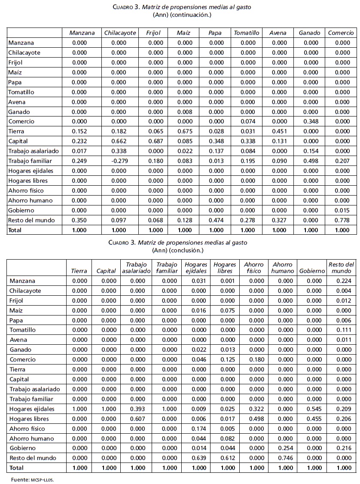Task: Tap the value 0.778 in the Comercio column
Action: [x=342, y=220]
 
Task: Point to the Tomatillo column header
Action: [x=247, y=33]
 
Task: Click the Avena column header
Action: [x=278, y=33]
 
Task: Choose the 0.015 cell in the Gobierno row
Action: [x=342, y=210]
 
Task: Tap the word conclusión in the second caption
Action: [x=188, y=250]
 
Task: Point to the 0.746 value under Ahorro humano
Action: [x=282, y=458]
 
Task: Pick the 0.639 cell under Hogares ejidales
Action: [x=198, y=458]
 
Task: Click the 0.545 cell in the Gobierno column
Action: [x=311, y=409]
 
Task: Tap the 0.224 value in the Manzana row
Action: [x=342, y=281]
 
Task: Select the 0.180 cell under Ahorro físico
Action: [x=257, y=359]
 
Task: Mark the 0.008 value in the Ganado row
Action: [x=185, y=111]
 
